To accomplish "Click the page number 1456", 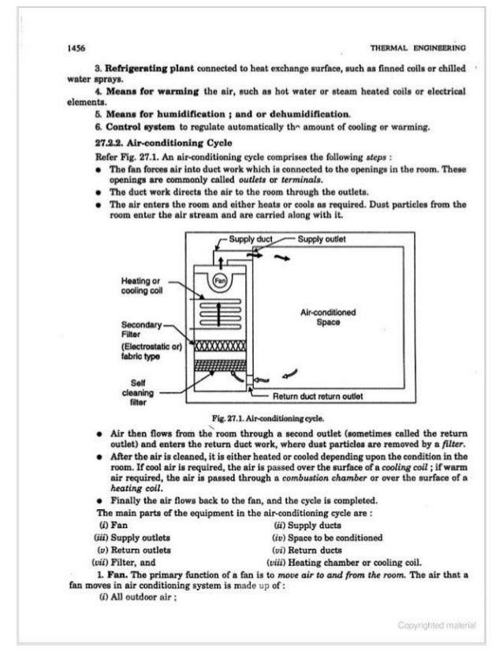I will coord(76,47).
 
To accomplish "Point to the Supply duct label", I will coord(250,238).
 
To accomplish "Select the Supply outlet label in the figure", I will coord(321,238).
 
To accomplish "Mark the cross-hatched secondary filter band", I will coord(220,347).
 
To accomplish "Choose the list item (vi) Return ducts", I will coord(304,549).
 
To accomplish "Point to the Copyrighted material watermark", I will coord(437,625).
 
